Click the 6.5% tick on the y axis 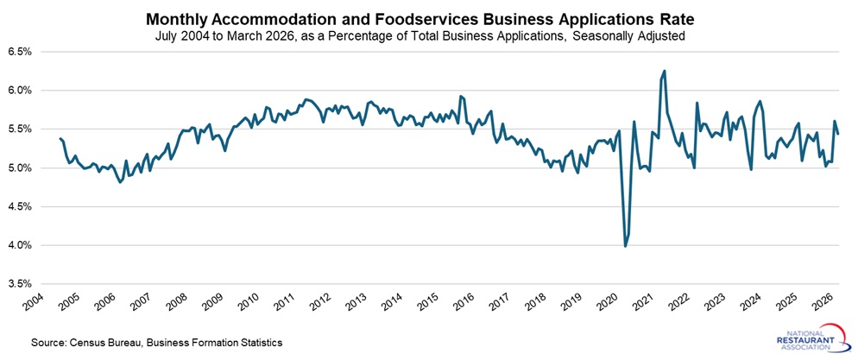click(20, 52)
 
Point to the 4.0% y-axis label click(20, 246)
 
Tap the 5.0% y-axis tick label click(20, 168)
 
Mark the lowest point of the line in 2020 click(626, 246)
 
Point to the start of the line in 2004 click(60, 138)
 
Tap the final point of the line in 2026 click(838, 133)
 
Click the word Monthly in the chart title click(177, 19)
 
